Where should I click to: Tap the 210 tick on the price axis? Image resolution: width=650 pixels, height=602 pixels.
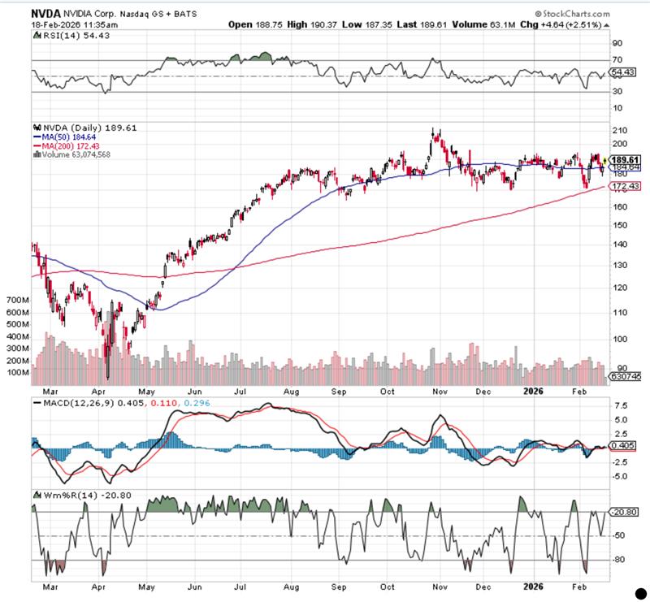[621, 131]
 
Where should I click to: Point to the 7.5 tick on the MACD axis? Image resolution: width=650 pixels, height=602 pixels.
[620, 405]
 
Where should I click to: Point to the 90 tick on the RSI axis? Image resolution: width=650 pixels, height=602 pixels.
[617, 43]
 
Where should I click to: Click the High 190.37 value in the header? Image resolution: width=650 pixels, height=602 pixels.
[310, 24]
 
